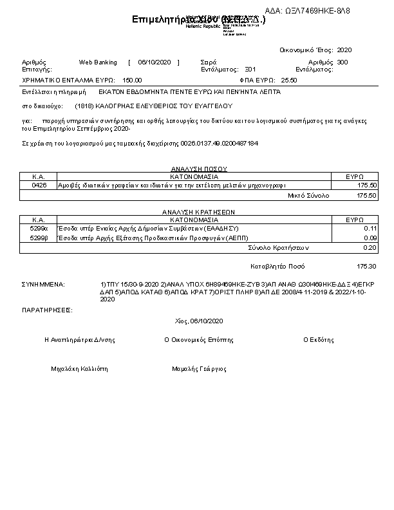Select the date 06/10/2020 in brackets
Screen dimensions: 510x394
coord(153,62)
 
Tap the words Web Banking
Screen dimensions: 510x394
coord(98,62)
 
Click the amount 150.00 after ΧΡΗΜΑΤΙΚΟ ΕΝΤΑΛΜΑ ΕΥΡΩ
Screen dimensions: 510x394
coord(132,80)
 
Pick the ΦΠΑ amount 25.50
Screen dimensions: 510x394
coord(289,80)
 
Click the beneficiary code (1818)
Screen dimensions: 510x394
coord(84,106)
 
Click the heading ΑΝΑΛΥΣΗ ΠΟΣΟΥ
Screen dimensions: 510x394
coord(194,169)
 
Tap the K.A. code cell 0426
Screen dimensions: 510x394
coord(39,185)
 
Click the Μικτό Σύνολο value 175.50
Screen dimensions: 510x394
coord(366,195)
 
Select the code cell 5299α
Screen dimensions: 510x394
coord(39,228)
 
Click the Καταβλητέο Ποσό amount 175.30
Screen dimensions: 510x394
coord(366,266)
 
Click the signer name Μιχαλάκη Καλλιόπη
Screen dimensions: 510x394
coord(80,369)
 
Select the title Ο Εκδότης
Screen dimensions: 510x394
coord(319,339)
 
